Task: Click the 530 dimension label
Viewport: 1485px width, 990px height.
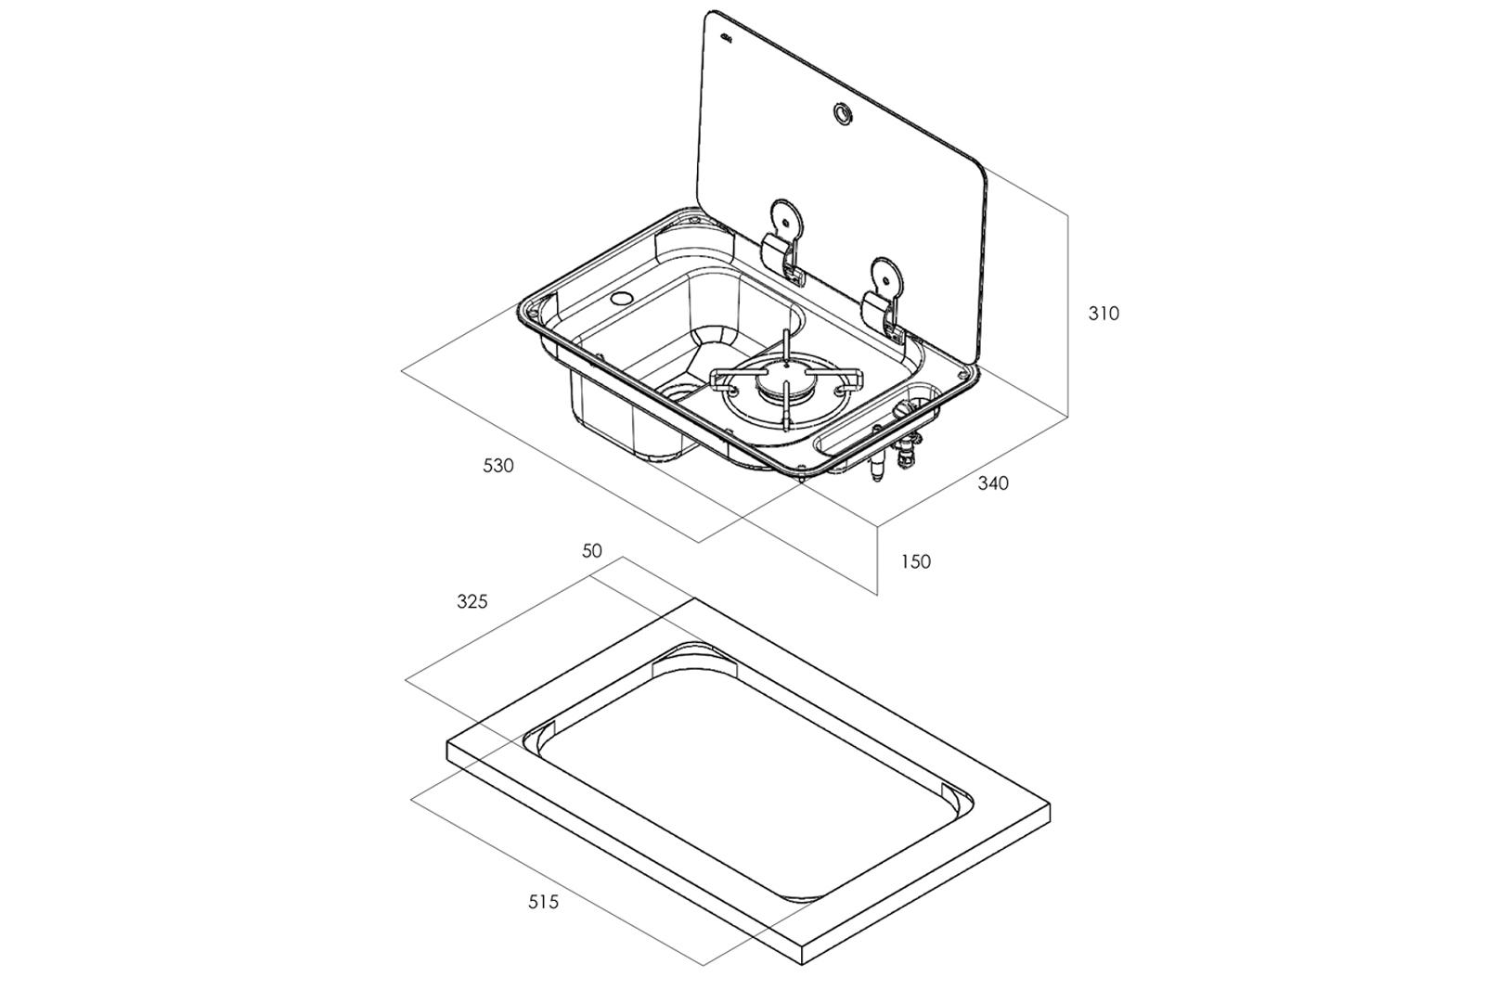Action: point(497,467)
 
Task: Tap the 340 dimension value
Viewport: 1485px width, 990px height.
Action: point(993,483)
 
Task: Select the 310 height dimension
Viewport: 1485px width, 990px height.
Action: point(1104,314)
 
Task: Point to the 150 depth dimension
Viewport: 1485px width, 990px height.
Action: point(915,562)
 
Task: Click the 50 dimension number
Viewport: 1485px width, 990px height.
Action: point(592,550)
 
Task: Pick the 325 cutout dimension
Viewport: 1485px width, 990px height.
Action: point(472,601)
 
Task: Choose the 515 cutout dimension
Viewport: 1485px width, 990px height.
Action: point(543,902)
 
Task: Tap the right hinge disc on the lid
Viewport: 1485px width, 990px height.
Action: point(887,276)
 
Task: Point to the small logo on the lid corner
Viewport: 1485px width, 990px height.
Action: point(728,38)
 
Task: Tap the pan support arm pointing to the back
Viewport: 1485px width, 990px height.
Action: point(785,347)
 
